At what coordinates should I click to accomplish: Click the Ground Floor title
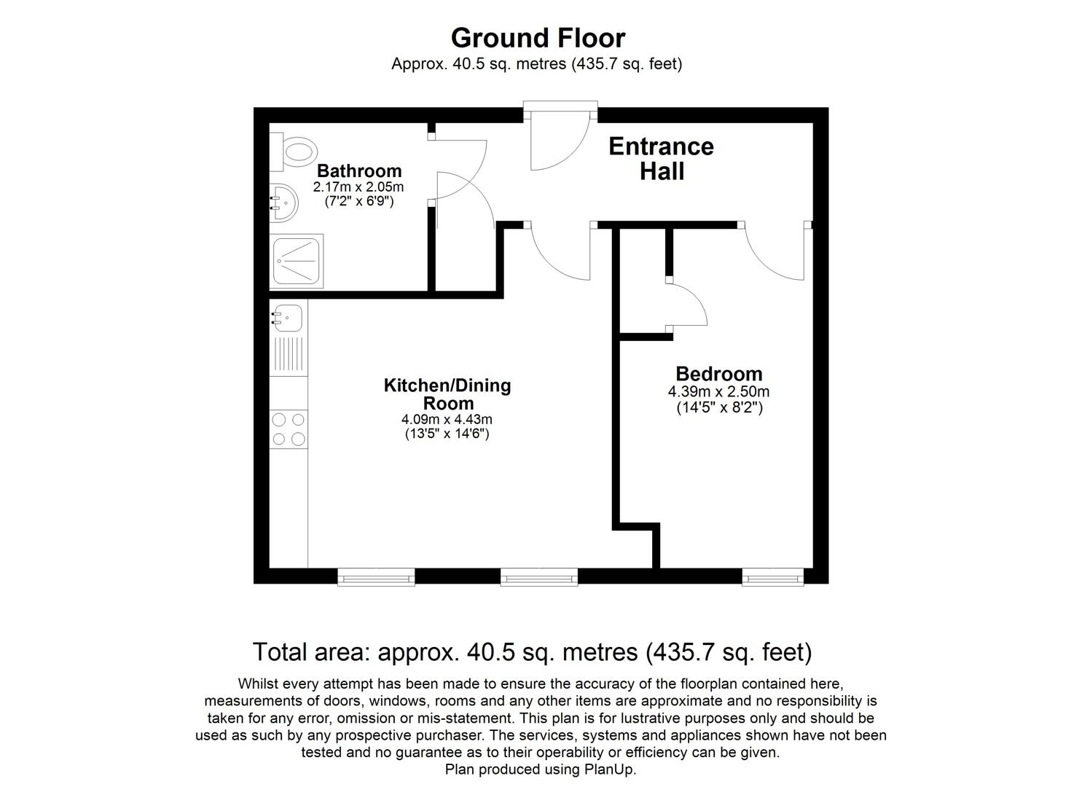(x=538, y=38)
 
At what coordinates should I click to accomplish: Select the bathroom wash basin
(x=283, y=202)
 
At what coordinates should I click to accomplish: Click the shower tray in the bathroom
(x=297, y=260)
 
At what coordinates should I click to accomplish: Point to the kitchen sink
(x=288, y=318)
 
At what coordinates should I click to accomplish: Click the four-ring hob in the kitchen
(x=289, y=429)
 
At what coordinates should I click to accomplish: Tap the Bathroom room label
(x=359, y=171)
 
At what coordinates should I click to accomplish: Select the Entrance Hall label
(x=661, y=158)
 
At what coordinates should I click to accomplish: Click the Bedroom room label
(x=718, y=374)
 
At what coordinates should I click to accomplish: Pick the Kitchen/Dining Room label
(x=447, y=394)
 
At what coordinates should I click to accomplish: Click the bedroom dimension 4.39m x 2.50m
(x=718, y=392)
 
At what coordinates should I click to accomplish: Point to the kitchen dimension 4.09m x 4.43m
(x=447, y=420)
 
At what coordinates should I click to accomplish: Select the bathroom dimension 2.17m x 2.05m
(x=358, y=187)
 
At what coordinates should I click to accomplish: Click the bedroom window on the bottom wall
(x=773, y=578)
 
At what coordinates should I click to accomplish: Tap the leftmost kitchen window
(x=376, y=578)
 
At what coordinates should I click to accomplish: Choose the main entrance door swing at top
(x=557, y=142)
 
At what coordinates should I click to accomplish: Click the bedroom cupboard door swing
(x=687, y=305)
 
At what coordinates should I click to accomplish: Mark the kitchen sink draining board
(x=289, y=356)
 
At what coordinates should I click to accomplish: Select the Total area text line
(x=532, y=651)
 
